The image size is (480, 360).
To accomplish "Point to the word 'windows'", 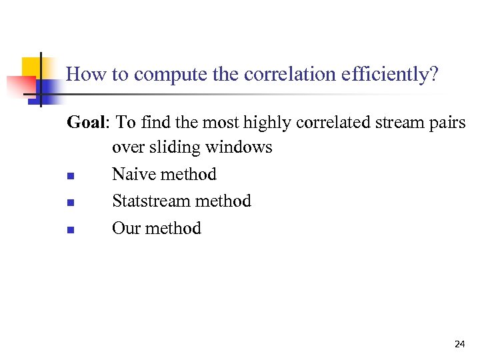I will coord(241,146).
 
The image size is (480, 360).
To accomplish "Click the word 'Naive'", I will coord(133,174).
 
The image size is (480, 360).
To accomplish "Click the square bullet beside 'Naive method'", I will coord(70,177).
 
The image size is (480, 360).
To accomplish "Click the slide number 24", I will coord(459,344).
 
